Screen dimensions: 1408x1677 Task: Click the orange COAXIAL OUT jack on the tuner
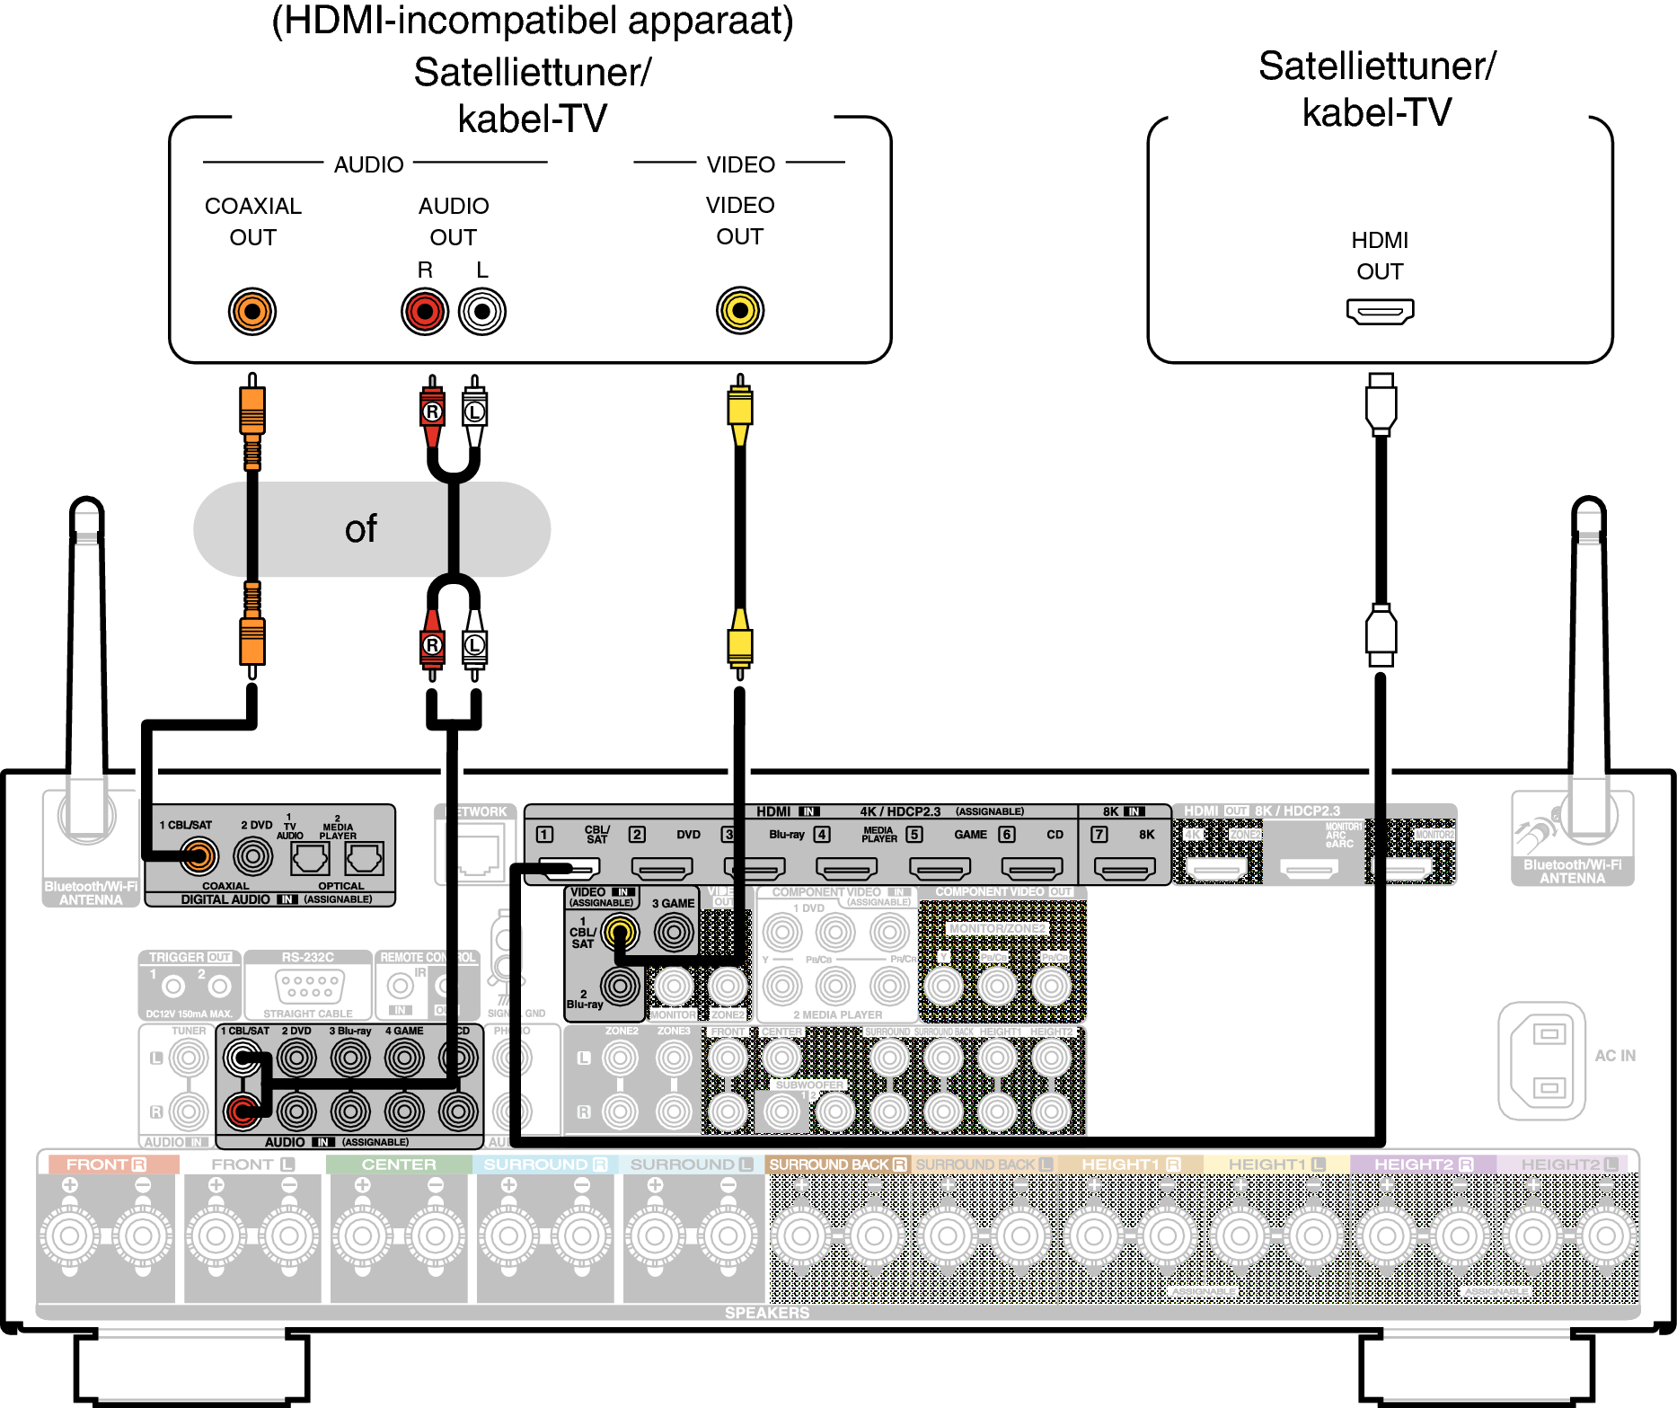click(252, 312)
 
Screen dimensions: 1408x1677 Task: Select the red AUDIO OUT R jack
click(425, 312)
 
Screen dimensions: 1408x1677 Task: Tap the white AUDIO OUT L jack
click(482, 312)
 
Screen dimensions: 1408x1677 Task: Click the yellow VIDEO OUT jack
click(740, 311)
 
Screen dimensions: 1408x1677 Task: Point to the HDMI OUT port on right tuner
click(1380, 312)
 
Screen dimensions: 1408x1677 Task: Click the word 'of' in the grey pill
click(361, 529)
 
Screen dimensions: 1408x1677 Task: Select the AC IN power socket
click(1541, 1060)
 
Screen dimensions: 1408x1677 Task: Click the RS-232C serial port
click(310, 987)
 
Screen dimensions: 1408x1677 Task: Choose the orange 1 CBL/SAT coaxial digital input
click(198, 856)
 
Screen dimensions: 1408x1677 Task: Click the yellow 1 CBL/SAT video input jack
click(620, 933)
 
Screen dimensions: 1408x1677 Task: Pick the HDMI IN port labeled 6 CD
click(1032, 869)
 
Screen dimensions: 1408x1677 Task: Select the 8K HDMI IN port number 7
click(1125, 869)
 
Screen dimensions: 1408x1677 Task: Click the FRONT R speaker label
click(106, 1164)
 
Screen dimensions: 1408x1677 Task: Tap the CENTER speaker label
click(399, 1164)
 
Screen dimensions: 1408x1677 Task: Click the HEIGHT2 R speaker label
click(1423, 1164)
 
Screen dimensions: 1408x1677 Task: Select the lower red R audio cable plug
click(432, 644)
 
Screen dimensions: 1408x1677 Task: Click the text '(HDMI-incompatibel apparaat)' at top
click(533, 21)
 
